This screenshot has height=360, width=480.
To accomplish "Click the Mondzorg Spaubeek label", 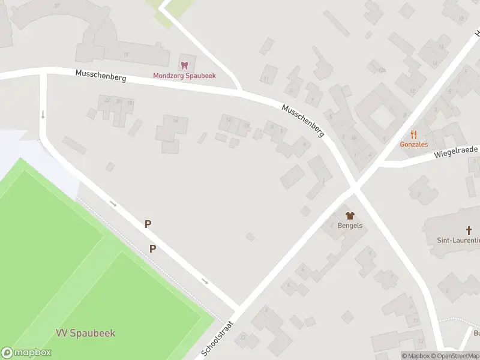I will click(x=184, y=76).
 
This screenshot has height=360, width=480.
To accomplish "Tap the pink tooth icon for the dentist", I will click(x=184, y=65).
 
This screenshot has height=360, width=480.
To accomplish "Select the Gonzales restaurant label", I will click(x=413, y=145).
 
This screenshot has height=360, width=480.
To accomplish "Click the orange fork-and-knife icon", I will click(x=413, y=134).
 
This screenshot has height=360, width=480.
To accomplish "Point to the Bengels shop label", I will click(x=350, y=225).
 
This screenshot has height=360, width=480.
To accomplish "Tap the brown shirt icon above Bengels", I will click(x=350, y=215).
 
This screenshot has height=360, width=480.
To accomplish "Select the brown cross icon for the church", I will click(x=469, y=230).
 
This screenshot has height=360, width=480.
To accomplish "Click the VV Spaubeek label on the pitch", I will click(x=85, y=333).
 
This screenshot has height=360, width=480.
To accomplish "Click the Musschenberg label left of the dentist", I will click(x=100, y=76).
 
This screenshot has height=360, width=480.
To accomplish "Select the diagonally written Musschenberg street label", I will click(x=303, y=121).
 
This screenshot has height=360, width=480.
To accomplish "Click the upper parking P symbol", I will click(x=148, y=224).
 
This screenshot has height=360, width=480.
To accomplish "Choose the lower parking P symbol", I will click(x=153, y=248).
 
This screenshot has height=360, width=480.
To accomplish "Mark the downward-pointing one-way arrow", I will click(x=43, y=114).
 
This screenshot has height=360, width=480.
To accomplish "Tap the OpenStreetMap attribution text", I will click(x=459, y=356).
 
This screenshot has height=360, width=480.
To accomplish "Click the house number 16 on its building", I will click(x=175, y=121).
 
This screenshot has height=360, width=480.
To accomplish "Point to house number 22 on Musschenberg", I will click(x=107, y=100).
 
